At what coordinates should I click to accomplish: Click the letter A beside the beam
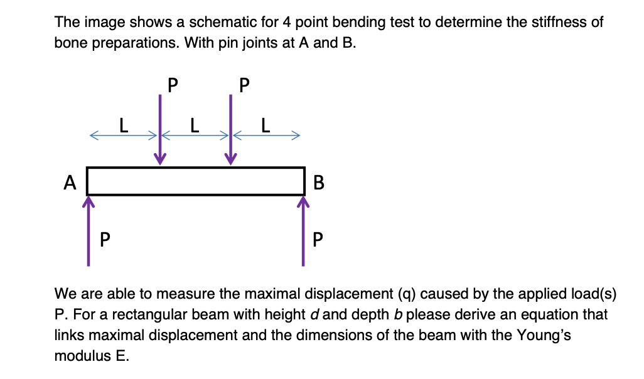pyautogui.click(x=70, y=183)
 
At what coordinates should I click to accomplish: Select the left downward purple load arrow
pyautogui.click(x=161, y=129)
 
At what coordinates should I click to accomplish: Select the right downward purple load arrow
pyautogui.click(x=232, y=129)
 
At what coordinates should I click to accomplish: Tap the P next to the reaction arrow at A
pyautogui.click(x=105, y=239)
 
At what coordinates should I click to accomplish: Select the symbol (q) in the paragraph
pyautogui.click(x=407, y=294)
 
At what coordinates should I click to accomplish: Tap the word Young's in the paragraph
pyautogui.click(x=548, y=335)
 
